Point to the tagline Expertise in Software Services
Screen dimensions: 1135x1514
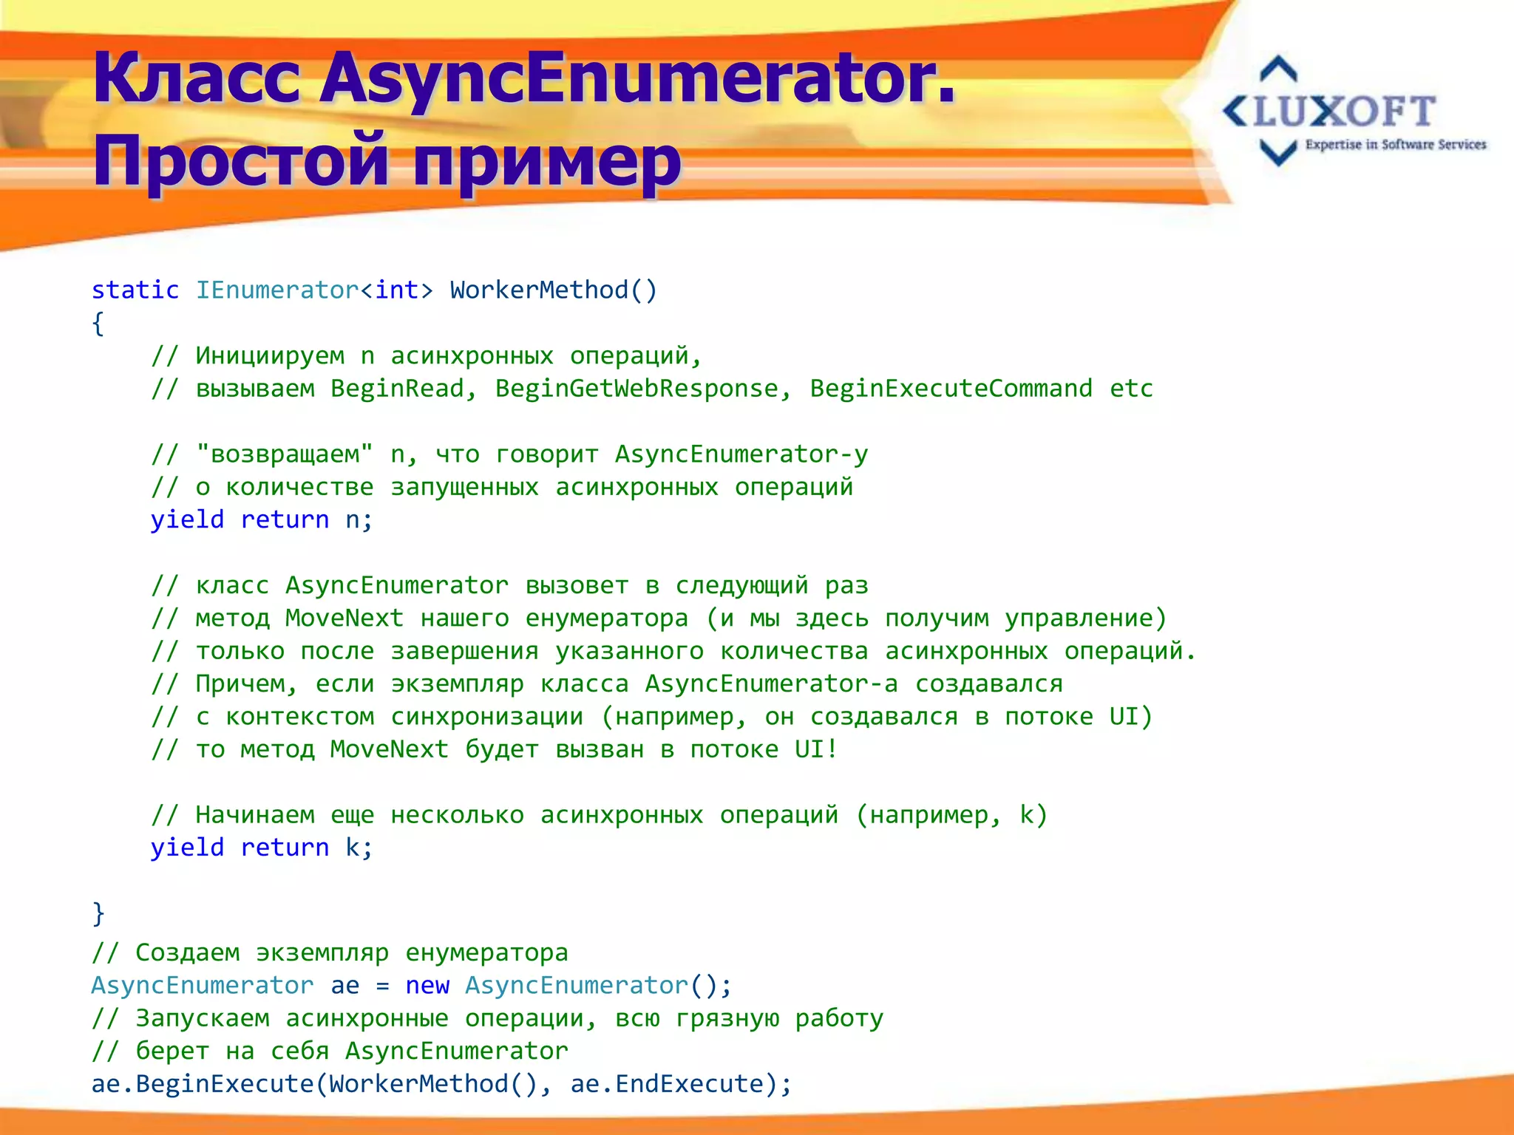click(1395, 145)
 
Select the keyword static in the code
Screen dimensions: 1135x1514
click(135, 290)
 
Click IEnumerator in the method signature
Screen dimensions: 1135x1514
click(276, 290)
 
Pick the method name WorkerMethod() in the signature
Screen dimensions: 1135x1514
click(553, 290)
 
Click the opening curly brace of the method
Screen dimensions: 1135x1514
click(98, 323)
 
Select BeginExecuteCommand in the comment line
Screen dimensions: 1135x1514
click(951, 389)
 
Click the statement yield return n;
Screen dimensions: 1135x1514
click(262, 519)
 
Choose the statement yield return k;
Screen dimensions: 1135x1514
click(262, 848)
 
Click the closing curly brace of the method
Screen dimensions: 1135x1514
click(98, 913)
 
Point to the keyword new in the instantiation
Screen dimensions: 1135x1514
click(427, 986)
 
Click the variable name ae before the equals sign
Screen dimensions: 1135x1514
click(344, 986)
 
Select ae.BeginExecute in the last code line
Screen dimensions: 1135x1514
click(202, 1084)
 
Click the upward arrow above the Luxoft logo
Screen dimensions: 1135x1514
click(1278, 69)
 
